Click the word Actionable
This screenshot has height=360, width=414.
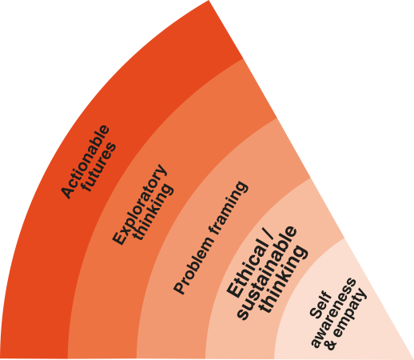pyautogui.click(x=85, y=162)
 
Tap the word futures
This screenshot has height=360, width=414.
pyautogui.click(x=99, y=167)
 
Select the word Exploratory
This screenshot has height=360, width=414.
pyautogui.click(x=139, y=205)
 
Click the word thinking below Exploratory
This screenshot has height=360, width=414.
pyautogui.click(x=153, y=211)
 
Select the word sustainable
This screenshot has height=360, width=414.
pyautogui.click(x=266, y=273)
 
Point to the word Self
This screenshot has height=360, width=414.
pyautogui.click(x=320, y=305)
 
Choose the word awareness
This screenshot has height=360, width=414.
pyautogui.click(x=333, y=313)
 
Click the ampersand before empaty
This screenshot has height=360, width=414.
pyautogui.click(x=331, y=344)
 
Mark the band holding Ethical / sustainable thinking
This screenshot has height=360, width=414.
pyautogui.click(x=226, y=334)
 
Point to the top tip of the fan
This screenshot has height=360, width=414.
pyautogui.click(x=209, y=0)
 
